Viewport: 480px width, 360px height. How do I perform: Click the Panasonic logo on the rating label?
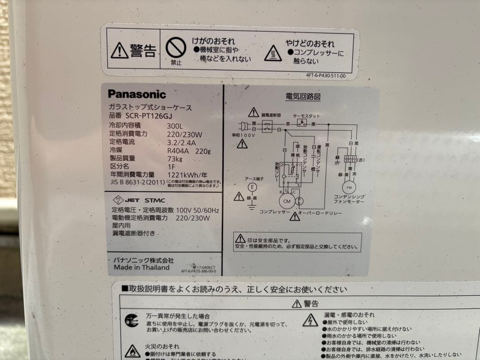click(x=137, y=94)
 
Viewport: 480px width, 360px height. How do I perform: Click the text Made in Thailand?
click(x=141, y=268)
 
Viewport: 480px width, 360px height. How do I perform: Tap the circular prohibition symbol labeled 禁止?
click(x=176, y=47)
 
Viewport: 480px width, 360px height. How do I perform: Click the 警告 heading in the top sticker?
click(x=143, y=51)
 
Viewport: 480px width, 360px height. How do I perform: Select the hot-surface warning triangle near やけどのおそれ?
click(x=273, y=54)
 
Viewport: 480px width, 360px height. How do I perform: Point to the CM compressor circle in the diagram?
click(x=286, y=201)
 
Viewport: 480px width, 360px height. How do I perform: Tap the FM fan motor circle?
click(x=349, y=187)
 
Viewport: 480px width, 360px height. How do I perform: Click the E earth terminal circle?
click(x=252, y=187)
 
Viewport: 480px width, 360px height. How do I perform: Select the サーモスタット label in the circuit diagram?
click(x=306, y=115)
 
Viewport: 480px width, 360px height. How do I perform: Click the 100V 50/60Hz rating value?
click(x=197, y=210)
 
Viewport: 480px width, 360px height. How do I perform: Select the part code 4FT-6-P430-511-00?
click(x=326, y=76)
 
